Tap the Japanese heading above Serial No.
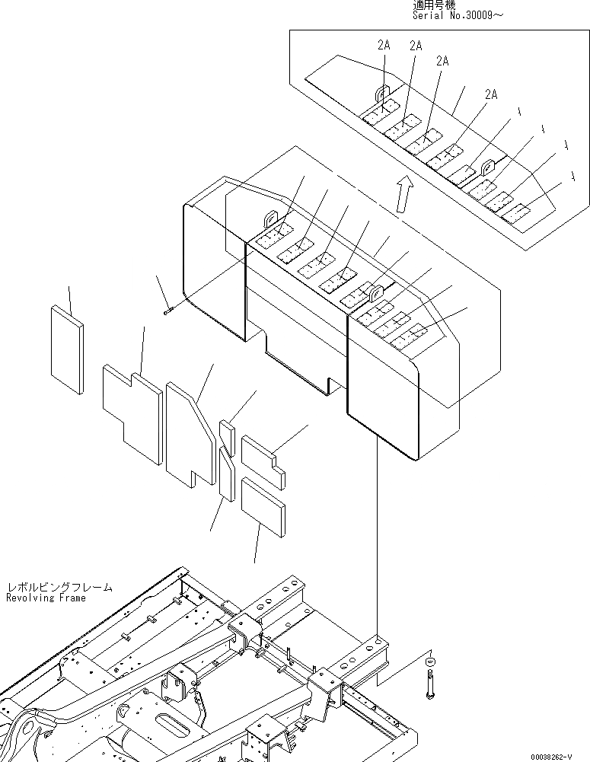pos(434,5)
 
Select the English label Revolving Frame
pos(46,598)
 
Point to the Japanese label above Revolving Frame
pos(59,588)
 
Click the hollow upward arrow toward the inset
pos(405,193)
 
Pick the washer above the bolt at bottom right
pos(430,661)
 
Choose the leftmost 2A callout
pos(384,46)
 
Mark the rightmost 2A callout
pos(491,94)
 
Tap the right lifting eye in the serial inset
pos(488,164)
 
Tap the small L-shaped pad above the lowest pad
pos(263,459)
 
